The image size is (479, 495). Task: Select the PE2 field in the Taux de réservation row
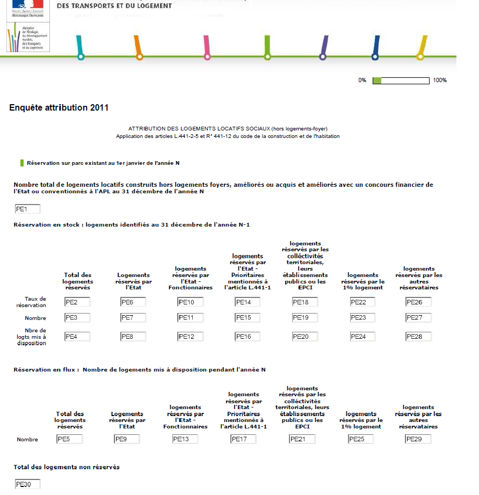(x=77, y=302)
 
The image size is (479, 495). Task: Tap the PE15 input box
(x=247, y=318)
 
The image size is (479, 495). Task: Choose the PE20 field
(x=305, y=337)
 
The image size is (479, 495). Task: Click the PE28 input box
(x=419, y=337)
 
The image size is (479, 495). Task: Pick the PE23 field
(x=362, y=318)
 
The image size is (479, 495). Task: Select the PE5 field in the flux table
(x=69, y=439)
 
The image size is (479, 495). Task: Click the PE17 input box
(x=243, y=439)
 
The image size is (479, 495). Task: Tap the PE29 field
(x=418, y=439)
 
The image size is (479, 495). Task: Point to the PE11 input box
(x=190, y=318)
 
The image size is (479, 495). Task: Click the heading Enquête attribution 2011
(x=59, y=108)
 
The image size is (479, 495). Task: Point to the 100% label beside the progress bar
(x=440, y=81)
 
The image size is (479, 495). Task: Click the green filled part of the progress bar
(x=377, y=81)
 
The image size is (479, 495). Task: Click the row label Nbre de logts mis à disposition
(x=36, y=337)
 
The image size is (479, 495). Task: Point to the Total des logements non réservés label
(x=67, y=467)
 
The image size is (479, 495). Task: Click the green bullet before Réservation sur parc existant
(x=21, y=163)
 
